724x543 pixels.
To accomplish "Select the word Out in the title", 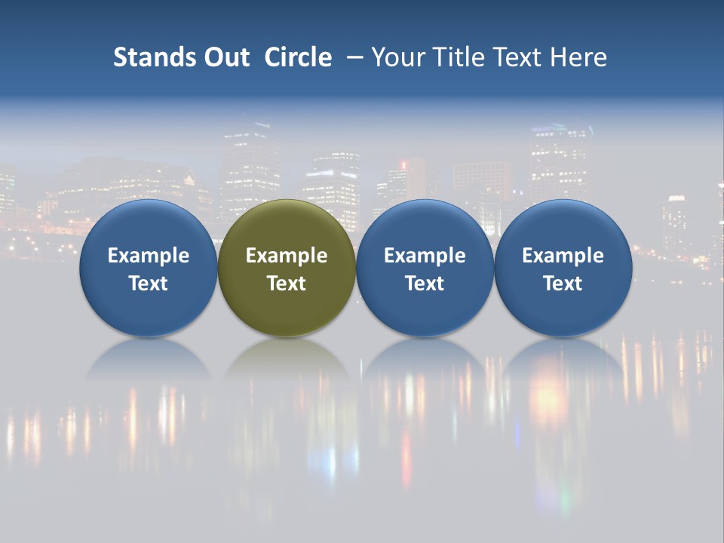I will click(224, 57).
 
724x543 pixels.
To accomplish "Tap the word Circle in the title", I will click(298, 57).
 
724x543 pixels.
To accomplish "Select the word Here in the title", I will click(578, 57).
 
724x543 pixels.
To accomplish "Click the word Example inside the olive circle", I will click(287, 256).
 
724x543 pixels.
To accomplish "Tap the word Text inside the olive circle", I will click(287, 284).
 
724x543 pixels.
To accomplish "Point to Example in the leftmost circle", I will click(148, 256).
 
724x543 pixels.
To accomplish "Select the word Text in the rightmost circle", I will click(563, 284).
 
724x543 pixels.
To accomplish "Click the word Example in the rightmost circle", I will click(563, 256).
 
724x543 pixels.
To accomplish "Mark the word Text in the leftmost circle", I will click(148, 284).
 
